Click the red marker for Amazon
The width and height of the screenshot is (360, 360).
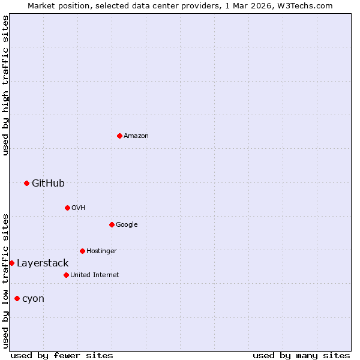coord(119,136)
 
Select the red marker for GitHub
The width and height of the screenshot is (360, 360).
coord(26,183)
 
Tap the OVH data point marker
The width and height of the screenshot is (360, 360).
coord(67,208)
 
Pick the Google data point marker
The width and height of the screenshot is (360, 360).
coord(112,224)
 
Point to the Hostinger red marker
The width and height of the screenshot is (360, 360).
coord(82,251)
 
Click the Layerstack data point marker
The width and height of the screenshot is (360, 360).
coord(11,263)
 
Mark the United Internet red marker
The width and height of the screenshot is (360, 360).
coord(66,275)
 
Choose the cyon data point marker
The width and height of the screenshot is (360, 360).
coord(17,298)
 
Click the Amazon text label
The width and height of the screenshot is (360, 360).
coord(136,136)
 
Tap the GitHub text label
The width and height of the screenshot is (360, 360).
coord(48,183)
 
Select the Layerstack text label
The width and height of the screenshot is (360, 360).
coord(43,263)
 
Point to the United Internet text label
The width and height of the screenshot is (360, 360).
coord(95,275)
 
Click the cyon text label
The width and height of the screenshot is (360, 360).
coord(33,298)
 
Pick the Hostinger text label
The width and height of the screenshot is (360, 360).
coord(101,251)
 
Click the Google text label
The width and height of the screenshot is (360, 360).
coord(127,224)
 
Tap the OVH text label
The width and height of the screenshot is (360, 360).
coord(78,208)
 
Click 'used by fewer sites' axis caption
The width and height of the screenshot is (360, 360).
coord(62,355)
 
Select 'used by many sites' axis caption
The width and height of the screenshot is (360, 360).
coord(301,355)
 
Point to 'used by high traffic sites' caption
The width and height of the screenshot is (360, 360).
coord(5,85)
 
